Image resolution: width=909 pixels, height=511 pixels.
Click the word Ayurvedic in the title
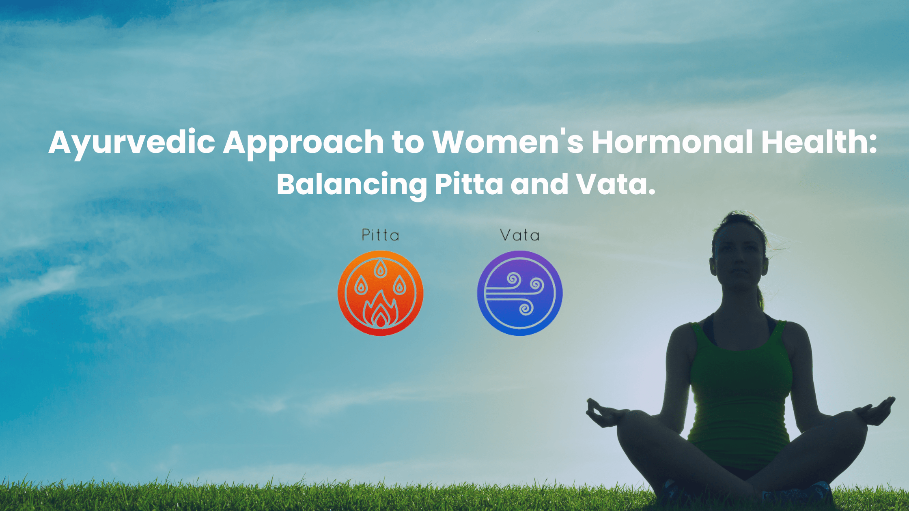pyautogui.click(x=132, y=143)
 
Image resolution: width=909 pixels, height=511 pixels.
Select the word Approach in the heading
pyautogui.click(x=303, y=143)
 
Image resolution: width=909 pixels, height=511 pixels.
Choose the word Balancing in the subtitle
pyautogui.click(x=351, y=185)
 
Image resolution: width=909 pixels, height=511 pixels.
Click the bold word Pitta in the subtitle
pyautogui.click(x=469, y=184)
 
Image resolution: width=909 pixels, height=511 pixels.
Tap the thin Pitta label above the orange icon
pyautogui.click(x=380, y=235)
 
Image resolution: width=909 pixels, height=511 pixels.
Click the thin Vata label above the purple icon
pyautogui.click(x=520, y=235)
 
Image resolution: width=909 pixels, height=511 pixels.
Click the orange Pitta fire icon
pyautogui.click(x=380, y=293)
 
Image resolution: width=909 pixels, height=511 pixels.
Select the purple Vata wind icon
pyautogui.click(x=520, y=293)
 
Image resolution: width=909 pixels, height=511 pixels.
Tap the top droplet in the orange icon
pyautogui.click(x=380, y=268)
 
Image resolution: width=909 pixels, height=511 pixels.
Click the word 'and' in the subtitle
pyautogui.click(x=539, y=184)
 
